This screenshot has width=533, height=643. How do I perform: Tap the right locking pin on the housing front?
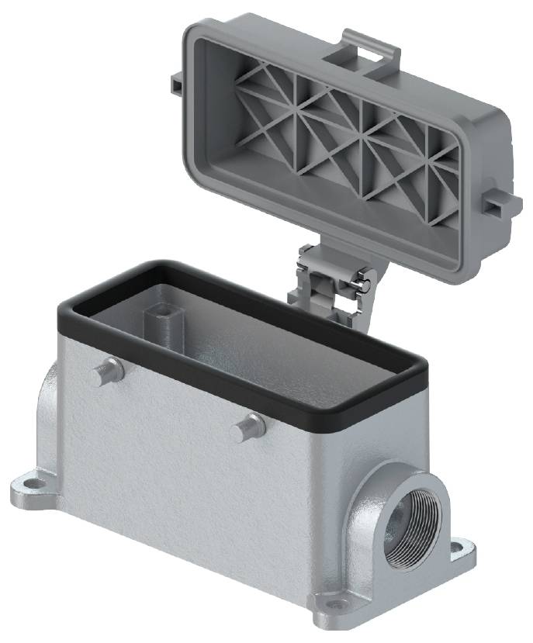[251, 427]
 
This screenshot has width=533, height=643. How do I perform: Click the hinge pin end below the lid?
[361, 284]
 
